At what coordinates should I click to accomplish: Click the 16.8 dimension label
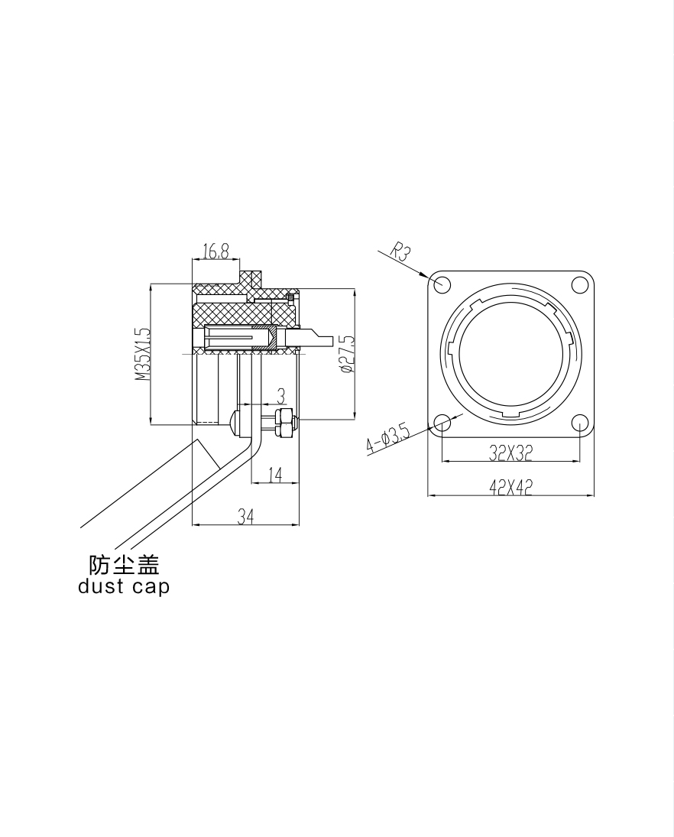coord(216,251)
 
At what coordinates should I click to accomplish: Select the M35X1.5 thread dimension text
coord(143,354)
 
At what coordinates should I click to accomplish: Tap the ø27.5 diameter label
coord(346,354)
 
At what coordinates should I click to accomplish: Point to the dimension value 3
coord(280,396)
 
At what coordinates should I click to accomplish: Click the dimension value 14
coord(275,475)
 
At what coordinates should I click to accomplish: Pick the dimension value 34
coord(245,516)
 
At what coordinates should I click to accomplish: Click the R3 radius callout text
coord(400,251)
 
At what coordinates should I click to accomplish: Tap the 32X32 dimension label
coord(510,453)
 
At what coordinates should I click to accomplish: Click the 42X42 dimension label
coord(510,487)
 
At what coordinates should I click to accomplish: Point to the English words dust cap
coord(124,586)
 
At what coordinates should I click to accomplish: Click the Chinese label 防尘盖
coord(124,565)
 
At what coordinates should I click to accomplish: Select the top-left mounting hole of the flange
coord(442,284)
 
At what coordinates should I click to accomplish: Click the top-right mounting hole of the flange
coord(579,284)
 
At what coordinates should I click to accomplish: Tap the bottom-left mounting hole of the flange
coord(442,423)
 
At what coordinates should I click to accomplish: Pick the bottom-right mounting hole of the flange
coord(579,423)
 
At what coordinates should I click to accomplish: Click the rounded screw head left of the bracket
coord(234,422)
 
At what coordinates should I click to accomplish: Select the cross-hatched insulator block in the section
coord(243,314)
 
